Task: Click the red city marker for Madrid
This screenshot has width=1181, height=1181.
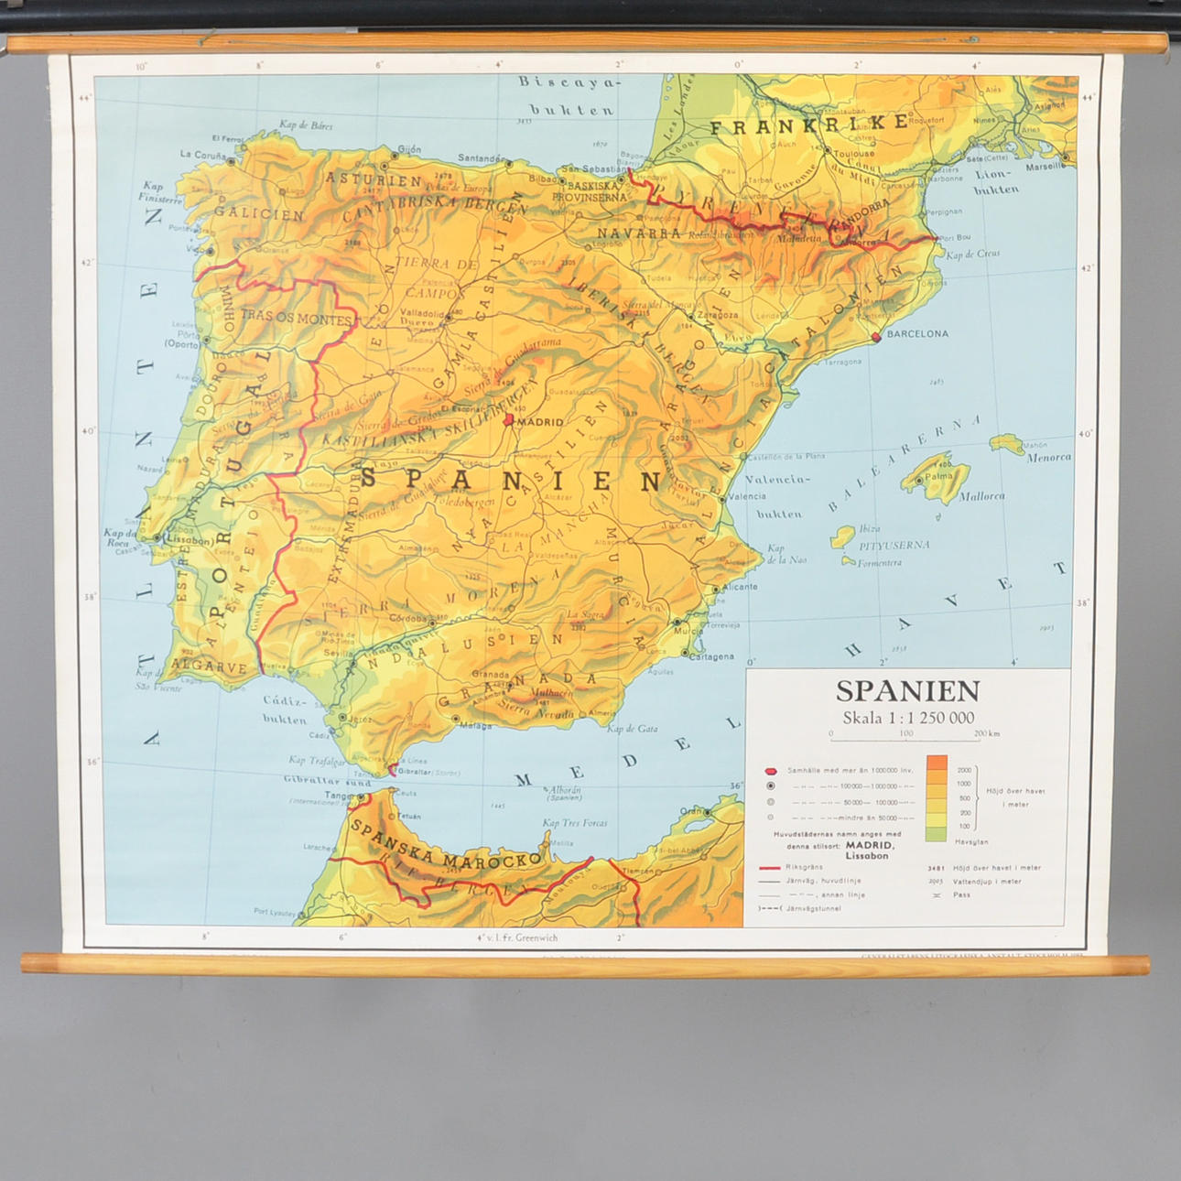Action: pyautogui.click(x=509, y=419)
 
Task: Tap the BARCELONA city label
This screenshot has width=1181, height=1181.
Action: pyautogui.click(x=917, y=334)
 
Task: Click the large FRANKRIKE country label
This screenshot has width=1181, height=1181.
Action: pyautogui.click(x=809, y=125)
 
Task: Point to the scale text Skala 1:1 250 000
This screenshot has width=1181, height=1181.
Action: pyautogui.click(x=908, y=718)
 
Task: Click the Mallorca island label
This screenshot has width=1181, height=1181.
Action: pyautogui.click(x=981, y=496)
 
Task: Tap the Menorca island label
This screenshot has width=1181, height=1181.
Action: pyautogui.click(x=1048, y=458)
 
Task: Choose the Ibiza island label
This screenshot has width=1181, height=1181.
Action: pyautogui.click(x=869, y=528)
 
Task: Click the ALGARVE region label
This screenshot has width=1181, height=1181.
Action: pyautogui.click(x=209, y=666)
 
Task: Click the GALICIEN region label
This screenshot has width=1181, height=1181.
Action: pyautogui.click(x=259, y=214)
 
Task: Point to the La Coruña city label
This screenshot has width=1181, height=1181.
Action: pyautogui.click(x=202, y=156)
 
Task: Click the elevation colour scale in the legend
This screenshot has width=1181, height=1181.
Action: pyautogui.click(x=936, y=797)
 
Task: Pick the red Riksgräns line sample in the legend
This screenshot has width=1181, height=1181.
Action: pyautogui.click(x=769, y=867)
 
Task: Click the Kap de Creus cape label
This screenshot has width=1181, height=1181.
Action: pyautogui.click(x=972, y=255)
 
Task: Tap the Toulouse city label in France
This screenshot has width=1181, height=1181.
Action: pyautogui.click(x=854, y=154)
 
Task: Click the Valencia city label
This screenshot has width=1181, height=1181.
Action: pyautogui.click(x=748, y=497)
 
